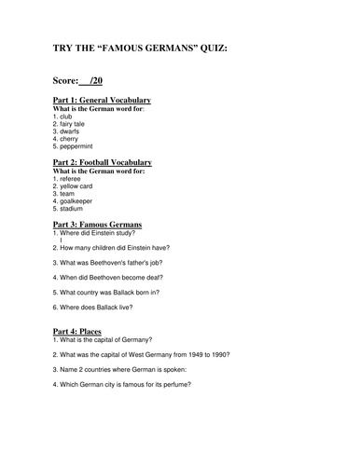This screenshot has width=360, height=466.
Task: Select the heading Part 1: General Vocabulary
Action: pyautogui.click(x=103, y=100)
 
